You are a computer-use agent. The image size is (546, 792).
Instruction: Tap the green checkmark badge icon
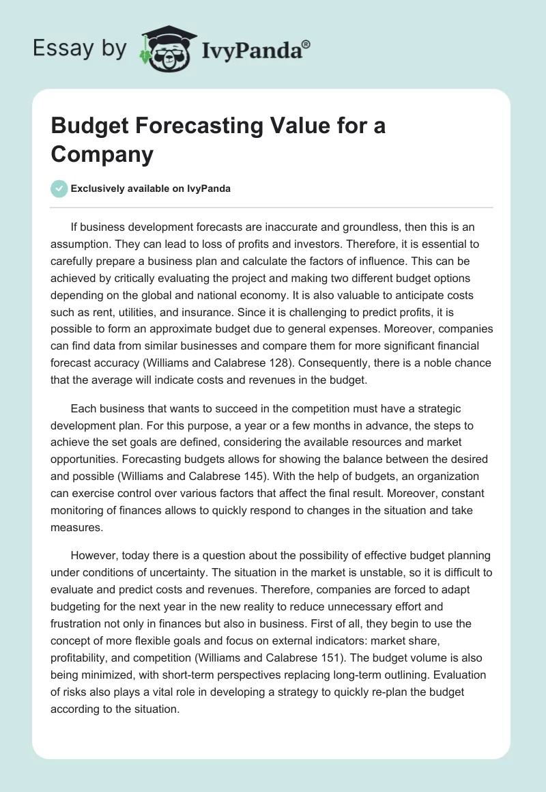(x=59, y=188)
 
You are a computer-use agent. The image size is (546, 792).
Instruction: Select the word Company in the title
(x=102, y=155)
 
